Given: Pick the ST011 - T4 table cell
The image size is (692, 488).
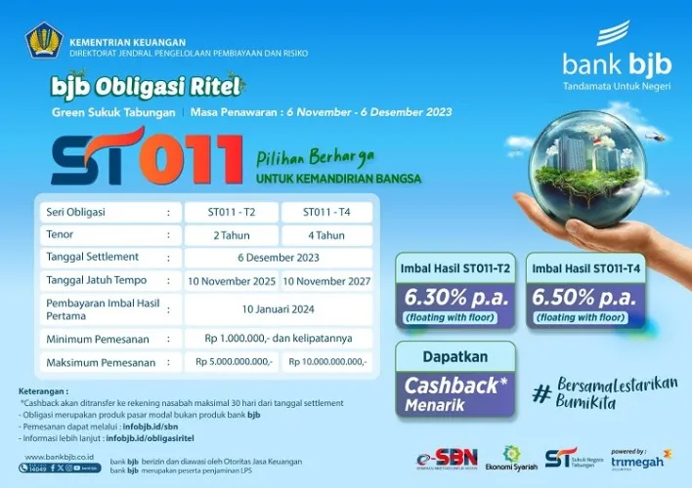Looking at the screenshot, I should click(x=326, y=212).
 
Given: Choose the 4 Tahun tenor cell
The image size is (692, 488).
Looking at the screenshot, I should click(x=326, y=235).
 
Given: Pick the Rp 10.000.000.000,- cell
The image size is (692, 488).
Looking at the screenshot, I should click(x=326, y=362).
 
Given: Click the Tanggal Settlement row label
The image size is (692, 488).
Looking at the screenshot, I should click(x=97, y=259).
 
